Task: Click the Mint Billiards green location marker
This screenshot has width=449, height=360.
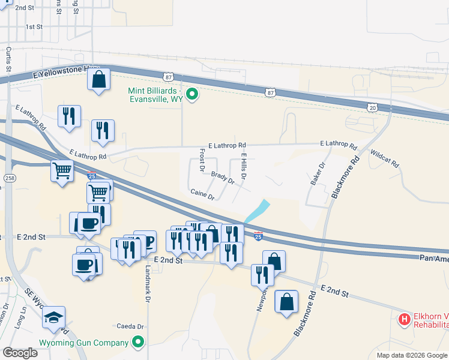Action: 192,94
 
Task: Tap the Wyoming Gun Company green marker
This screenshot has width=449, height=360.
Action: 139,343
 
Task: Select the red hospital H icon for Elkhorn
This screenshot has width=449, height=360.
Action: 405,319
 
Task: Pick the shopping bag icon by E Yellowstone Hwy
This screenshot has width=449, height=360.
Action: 98,79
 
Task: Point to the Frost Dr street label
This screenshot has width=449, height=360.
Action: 202,160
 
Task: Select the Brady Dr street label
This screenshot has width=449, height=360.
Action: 222,178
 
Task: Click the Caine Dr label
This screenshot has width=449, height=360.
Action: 202,194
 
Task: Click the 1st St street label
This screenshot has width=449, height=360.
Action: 34,27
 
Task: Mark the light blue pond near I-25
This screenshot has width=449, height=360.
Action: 257,211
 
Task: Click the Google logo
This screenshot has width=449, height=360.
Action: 20,352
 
